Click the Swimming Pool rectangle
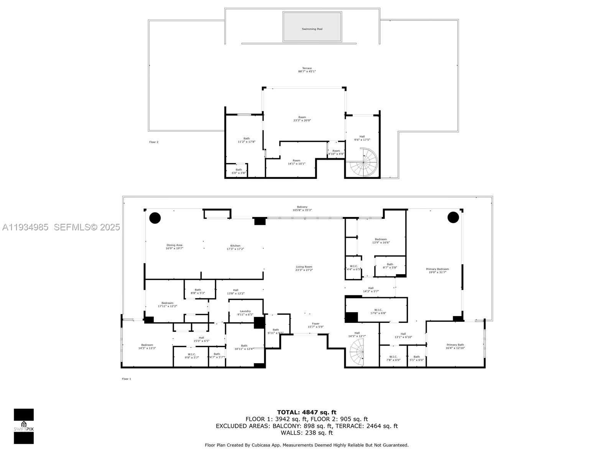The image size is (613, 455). click(x=312, y=26)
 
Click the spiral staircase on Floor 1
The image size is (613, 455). click(x=357, y=351)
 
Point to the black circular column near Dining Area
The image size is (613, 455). click(x=155, y=218)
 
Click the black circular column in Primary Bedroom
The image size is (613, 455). click(x=453, y=217)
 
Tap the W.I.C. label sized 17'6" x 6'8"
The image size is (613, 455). click(x=378, y=311)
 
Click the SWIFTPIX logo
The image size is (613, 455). click(x=24, y=426)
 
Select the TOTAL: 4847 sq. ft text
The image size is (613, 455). click(x=307, y=412)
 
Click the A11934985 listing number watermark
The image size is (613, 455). click(x=25, y=227)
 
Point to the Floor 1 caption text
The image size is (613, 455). click(x=127, y=379)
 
